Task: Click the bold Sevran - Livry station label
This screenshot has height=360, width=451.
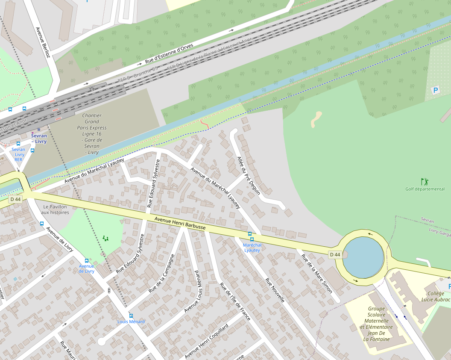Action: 39,139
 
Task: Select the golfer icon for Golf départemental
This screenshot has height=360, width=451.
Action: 424,182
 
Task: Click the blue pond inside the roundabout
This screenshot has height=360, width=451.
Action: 363,257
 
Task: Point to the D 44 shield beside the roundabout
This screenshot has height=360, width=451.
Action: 335,255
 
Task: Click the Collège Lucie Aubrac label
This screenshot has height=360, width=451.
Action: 436,297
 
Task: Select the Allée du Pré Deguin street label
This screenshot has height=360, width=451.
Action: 249,175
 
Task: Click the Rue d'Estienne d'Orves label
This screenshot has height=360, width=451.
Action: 169,54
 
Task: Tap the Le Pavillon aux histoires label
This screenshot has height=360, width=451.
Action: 55,210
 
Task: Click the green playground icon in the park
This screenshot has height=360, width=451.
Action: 105,239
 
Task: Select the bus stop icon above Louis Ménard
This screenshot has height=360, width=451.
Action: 131,316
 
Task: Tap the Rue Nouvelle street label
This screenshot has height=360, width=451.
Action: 275,290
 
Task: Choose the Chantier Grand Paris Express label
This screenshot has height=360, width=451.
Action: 92,134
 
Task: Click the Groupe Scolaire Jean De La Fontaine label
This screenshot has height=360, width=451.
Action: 376,324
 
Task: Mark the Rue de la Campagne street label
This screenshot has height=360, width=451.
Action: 162,273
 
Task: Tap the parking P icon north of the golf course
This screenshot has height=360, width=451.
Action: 436,90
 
